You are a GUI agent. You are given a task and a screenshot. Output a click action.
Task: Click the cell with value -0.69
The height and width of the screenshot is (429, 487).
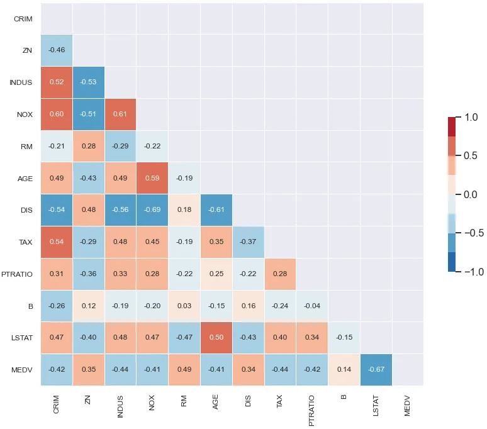pyautogui.click(x=152, y=210)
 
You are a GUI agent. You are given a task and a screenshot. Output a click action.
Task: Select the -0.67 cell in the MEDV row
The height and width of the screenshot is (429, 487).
pyautogui.click(x=376, y=370)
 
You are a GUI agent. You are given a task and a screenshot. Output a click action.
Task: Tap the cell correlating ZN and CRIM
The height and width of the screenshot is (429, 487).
pyautogui.click(x=57, y=50)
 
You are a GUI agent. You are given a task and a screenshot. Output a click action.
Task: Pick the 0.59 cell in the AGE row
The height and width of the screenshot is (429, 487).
pyautogui.click(x=152, y=178)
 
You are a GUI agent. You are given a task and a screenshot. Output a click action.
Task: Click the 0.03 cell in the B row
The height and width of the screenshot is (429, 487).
pyautogui.click(x=184, y=306)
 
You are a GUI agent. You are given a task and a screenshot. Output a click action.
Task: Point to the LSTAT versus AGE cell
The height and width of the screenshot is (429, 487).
pyautogui.click(x=216, y=338)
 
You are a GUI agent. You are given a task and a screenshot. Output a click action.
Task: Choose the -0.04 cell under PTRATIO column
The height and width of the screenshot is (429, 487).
pyautogui.click(x=312, y=306)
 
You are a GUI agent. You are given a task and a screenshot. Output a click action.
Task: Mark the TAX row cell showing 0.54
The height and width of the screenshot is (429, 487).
pyautogui.click(x=57, y=242)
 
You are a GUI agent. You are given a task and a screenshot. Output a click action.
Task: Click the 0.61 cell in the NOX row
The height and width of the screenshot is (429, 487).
pyautogui.click(x=120, y=114)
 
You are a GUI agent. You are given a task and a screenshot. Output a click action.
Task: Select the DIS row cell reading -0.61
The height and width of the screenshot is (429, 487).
pyautogui.click(x=216, y=210)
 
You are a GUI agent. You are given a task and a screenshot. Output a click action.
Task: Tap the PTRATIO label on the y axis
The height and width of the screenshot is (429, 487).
pyautogui.click(x=17, y=274)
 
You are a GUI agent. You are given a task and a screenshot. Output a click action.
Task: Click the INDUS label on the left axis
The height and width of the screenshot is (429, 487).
pyautogui.click(x=21, y=82)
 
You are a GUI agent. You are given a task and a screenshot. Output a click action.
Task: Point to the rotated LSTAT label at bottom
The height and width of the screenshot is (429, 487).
pyautogui.click(x=376, y=405)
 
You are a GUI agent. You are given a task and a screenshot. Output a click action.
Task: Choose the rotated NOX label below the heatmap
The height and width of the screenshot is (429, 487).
pyautogui.click(x=152, y=403)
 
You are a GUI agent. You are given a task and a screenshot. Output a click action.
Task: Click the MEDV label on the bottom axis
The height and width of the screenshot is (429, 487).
pyautogui.click(x=408, y=406)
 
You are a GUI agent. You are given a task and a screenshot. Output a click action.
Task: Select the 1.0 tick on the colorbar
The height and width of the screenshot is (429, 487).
pyautogui.click(x=471, y=118)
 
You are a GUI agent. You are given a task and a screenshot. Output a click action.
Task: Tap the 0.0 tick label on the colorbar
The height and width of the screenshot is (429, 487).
pyautogui.click(x=471, y=194)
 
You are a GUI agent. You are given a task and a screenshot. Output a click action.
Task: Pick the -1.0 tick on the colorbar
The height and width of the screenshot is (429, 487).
pyautogui.click(x=474, y=272)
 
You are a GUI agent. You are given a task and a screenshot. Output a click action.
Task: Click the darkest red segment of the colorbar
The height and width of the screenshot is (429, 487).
pyautogui.click(x=452, y=126)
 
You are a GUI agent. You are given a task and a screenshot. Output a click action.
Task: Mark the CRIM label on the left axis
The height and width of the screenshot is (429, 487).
pyautogui.click(x=23, y=19)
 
